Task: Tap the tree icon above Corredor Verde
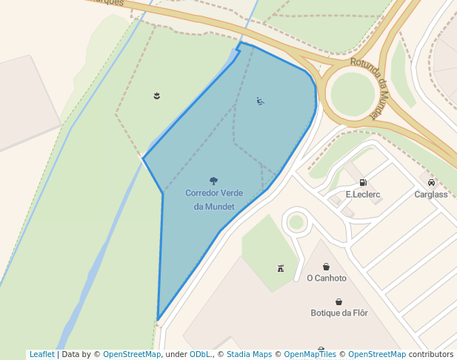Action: coord(214,181)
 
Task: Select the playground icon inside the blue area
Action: coord(260,101)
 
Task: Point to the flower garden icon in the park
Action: coord(156,96)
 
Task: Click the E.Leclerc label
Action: coord(363,195)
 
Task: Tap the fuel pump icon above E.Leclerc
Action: coord(363,182)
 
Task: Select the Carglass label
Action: coord(431,195)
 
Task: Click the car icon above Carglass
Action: coord(431,182)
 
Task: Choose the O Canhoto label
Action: coord(327,279)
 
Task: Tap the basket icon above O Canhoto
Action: coord(326,267)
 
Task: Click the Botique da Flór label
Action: coord(339,313)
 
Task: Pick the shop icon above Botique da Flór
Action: coord(339,301)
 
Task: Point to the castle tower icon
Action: coord(280,267)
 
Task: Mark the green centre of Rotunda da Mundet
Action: coord(352,95)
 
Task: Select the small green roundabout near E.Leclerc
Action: coord(296,222)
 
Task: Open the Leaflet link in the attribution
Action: coord(42,355)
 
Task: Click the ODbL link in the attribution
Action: coord(199,355)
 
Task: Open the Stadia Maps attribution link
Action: coord(248,355)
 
